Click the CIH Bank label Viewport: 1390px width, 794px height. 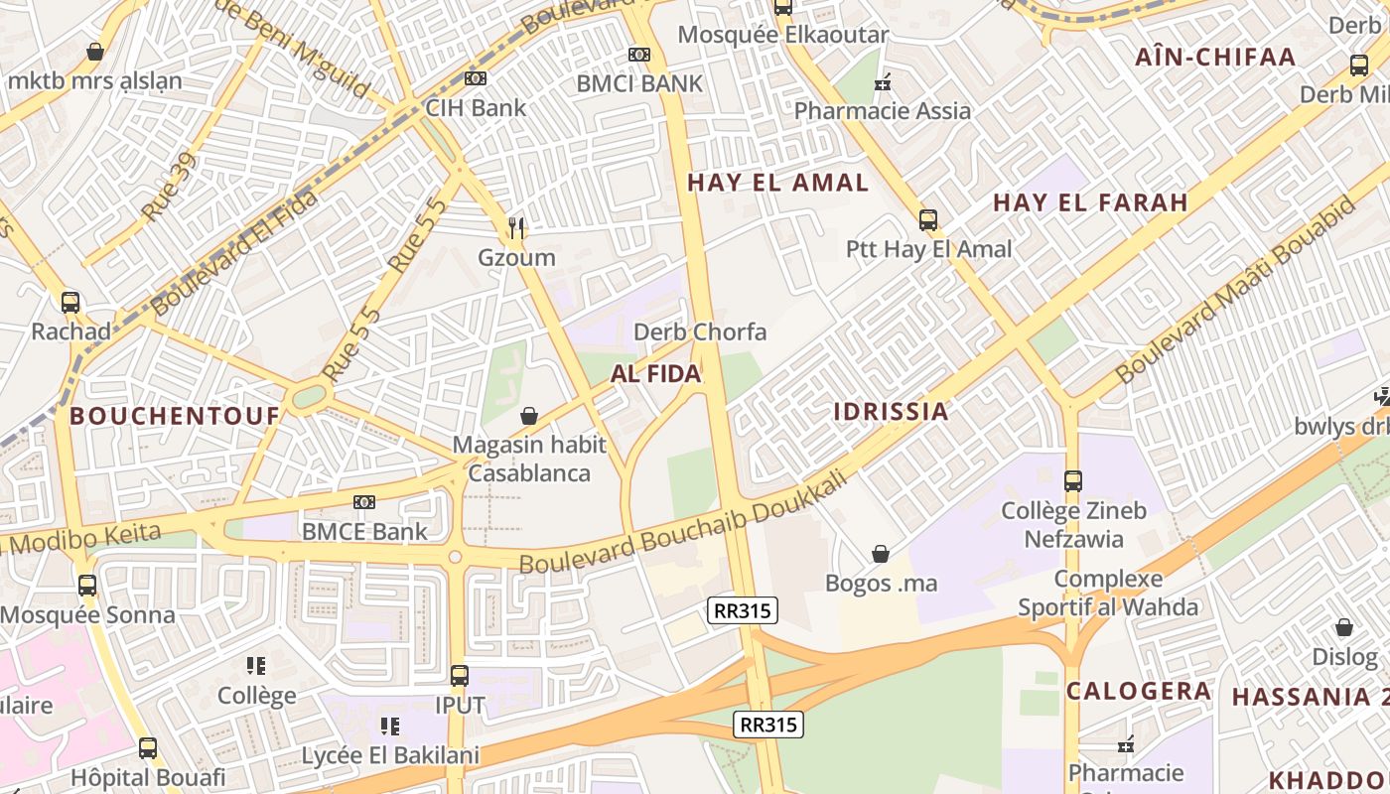(x=476, y=107)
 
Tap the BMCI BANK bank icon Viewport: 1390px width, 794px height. (x=639, y=55)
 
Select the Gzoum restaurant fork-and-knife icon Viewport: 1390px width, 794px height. (x=515, y=228)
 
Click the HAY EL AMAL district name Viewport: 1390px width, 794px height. (x=777, y=183)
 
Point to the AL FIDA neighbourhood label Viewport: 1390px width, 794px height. (x=655, y=374)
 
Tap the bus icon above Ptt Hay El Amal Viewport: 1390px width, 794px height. (x=928, y=220)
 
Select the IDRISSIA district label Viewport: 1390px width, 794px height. (x=891, y=411)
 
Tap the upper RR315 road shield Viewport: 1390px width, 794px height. (x=742, y=610)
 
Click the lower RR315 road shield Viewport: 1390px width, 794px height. (x=768, y=725)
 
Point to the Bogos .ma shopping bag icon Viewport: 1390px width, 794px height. (x=881, y=554)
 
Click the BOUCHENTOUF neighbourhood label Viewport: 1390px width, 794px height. (x=175, y=416)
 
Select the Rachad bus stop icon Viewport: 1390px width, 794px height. (x=70, y=303)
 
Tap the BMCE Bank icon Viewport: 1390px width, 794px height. (x=364, y=502)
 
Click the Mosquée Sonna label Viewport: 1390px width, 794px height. (x=87, y=614)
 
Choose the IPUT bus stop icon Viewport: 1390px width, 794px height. (x=460, y=676)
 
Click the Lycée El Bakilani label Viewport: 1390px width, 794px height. (x=390, y=755)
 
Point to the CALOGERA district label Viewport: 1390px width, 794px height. (x=1138, y=691)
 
